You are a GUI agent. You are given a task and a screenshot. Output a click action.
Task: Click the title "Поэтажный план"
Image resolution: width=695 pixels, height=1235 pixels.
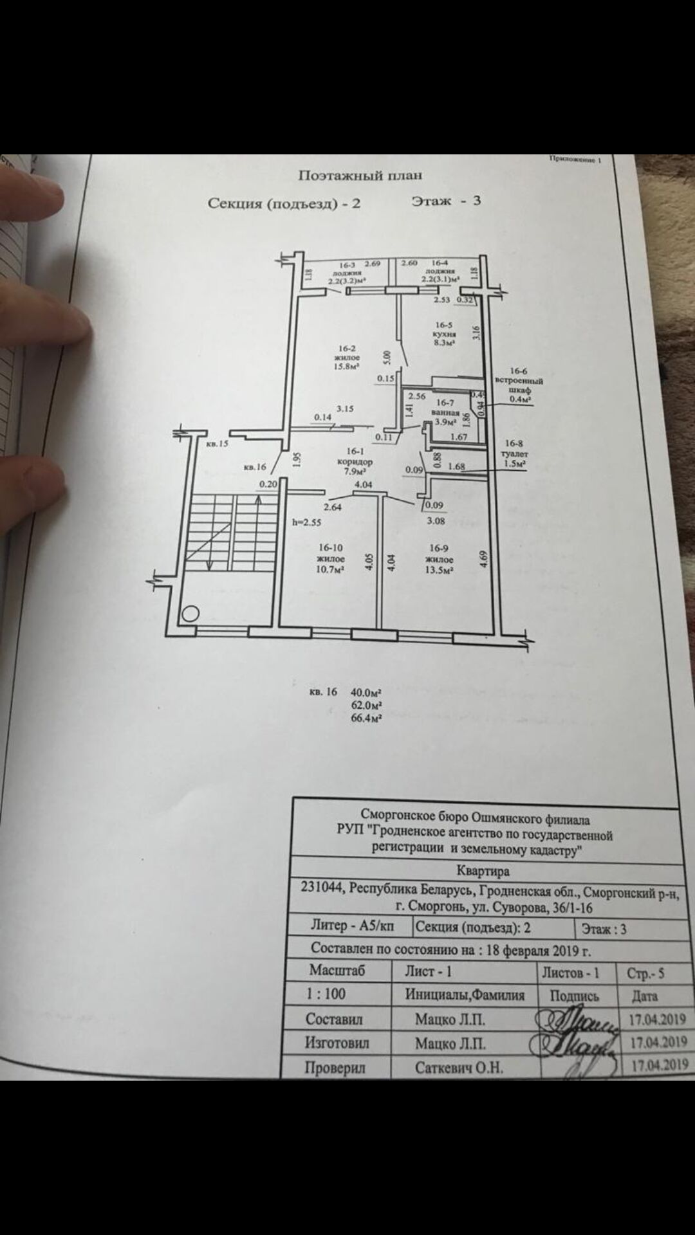click(x=360, y=175)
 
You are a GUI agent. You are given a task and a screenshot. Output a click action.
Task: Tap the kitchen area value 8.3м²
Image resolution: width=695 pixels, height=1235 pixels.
click(x=444, y=343)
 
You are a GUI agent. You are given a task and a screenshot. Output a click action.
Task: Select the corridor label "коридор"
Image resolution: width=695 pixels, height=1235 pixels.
click(x=355, y=462)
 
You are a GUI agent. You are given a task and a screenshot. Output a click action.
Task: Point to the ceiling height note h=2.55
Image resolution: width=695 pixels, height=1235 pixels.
click(x=306, y=522)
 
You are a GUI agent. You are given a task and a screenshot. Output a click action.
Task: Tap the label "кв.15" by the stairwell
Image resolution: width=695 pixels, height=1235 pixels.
click(x=217, y=443)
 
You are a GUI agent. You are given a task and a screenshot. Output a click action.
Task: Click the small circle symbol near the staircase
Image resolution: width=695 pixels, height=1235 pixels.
click(x=190, y=613)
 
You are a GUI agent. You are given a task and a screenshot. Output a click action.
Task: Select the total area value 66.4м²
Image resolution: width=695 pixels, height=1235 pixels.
click(x=366, y=718)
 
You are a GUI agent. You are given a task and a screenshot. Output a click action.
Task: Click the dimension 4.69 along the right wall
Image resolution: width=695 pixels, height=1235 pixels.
click(x=484, y=557)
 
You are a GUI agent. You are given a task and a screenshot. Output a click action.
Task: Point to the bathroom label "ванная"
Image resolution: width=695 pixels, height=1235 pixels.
click(x=445, y=412)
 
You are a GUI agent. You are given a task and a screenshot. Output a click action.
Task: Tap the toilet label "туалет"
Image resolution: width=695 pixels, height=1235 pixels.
click(x=514, y=453)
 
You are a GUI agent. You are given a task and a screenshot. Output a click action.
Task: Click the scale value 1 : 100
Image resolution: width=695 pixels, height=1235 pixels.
click(x=326, y=994)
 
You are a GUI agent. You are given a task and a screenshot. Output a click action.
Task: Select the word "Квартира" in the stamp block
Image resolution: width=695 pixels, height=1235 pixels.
click(x=483, y=871)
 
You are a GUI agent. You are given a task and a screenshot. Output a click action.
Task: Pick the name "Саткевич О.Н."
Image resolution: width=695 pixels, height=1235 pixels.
click(x=458, y=1068)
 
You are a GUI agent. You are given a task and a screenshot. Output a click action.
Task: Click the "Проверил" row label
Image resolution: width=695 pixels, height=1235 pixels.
click(x=335, y=1068)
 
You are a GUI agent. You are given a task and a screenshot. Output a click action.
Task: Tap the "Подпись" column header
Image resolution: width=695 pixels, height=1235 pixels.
click(x=574, y=996)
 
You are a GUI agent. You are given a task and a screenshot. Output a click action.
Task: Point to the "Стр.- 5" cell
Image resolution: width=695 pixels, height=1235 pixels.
click(x=645, y=974)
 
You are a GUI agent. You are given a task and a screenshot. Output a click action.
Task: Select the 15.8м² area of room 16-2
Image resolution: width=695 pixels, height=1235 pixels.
click(x=347, y=367)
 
